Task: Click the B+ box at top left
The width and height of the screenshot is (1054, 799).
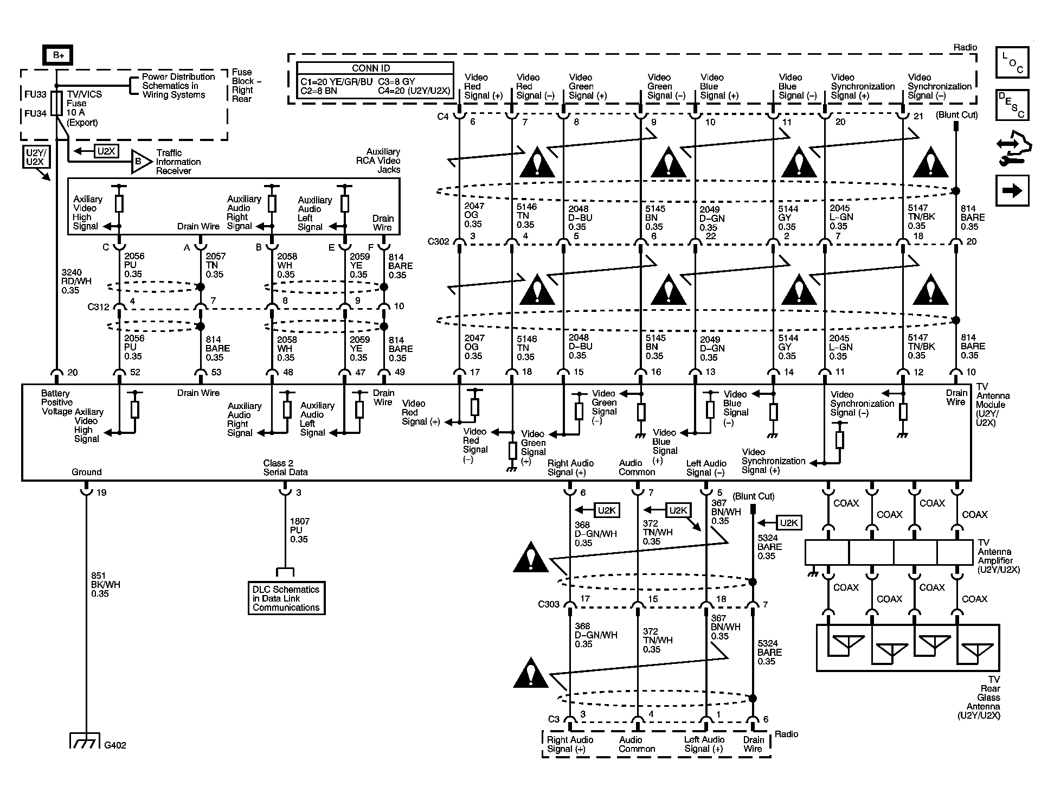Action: point(58,55)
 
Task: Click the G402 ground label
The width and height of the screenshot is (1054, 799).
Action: point(115,745)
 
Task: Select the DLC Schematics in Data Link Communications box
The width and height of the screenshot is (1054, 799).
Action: point(286,598)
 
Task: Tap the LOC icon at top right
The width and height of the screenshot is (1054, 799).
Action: point(1012,62)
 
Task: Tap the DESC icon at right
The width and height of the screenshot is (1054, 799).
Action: point(1012,105)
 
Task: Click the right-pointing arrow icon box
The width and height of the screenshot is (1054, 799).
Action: point(1012,190)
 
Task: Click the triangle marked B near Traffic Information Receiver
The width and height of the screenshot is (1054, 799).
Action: point(140,162)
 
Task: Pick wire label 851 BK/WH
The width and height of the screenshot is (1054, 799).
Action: point(105,585)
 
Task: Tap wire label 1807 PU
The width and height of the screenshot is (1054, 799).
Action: point(299,530)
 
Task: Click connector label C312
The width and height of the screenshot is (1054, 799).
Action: point(98,307)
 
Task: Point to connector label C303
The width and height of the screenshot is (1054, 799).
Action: point(548,604)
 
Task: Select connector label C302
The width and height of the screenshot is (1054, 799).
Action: point(438,241)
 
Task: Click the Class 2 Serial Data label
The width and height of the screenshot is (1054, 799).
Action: point(285,468)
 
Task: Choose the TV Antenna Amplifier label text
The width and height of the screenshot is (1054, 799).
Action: point(998,556)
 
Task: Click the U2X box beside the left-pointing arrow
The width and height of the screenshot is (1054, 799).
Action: point(106,151)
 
